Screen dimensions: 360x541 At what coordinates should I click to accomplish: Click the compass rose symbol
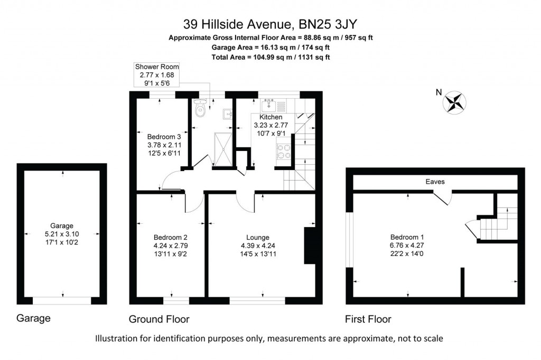455,102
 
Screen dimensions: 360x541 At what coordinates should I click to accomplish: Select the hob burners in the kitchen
283,151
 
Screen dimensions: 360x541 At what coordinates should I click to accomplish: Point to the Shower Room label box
157,74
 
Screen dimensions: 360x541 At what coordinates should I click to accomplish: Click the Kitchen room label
270,117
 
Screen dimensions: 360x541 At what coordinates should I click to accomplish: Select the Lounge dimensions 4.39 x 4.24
258,245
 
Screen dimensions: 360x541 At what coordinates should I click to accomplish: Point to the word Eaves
435,182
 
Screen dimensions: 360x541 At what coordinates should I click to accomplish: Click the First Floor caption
368,319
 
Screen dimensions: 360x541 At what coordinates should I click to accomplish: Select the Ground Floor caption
159,319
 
